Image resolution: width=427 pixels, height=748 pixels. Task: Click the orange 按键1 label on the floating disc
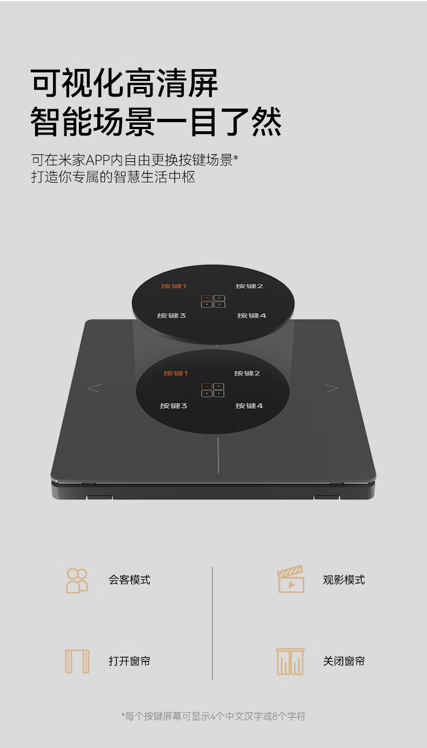(174, 286)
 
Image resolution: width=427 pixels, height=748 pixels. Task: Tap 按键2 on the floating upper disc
(249, 286)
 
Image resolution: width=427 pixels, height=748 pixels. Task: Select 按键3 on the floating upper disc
(171, 315)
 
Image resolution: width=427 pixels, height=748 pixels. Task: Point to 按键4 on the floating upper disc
(251, 315)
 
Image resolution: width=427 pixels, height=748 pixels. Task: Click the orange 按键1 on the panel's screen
(176, 373)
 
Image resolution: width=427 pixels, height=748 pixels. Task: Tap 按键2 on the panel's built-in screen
(246, 373)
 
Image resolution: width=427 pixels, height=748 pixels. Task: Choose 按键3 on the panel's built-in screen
(174, 406)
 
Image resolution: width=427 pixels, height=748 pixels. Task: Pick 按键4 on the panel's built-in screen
(249, 406)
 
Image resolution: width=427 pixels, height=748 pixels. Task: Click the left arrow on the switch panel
(95, 388)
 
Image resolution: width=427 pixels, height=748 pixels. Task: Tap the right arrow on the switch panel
(331, 388)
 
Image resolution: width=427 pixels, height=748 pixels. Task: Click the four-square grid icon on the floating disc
(213, 301)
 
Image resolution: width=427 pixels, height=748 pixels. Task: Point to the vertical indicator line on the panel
(218, 455)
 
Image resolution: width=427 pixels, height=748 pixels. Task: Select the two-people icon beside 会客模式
(77, 581)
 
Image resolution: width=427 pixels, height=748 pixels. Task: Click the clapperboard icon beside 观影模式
(291, 579)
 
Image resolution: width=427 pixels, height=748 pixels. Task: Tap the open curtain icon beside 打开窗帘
(77, 661)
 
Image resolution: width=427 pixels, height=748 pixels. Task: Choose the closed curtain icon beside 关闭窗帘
(290, 661)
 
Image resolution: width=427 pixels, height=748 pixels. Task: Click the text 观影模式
(344, 580)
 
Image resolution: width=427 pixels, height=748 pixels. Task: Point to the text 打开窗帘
(129, 661)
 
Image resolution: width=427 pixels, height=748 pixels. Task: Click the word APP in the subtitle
(98, 160)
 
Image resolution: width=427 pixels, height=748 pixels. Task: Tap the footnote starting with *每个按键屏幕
(213, 716)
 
